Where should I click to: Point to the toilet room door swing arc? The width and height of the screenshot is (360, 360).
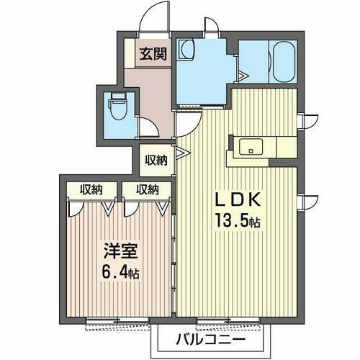[148, 127]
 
